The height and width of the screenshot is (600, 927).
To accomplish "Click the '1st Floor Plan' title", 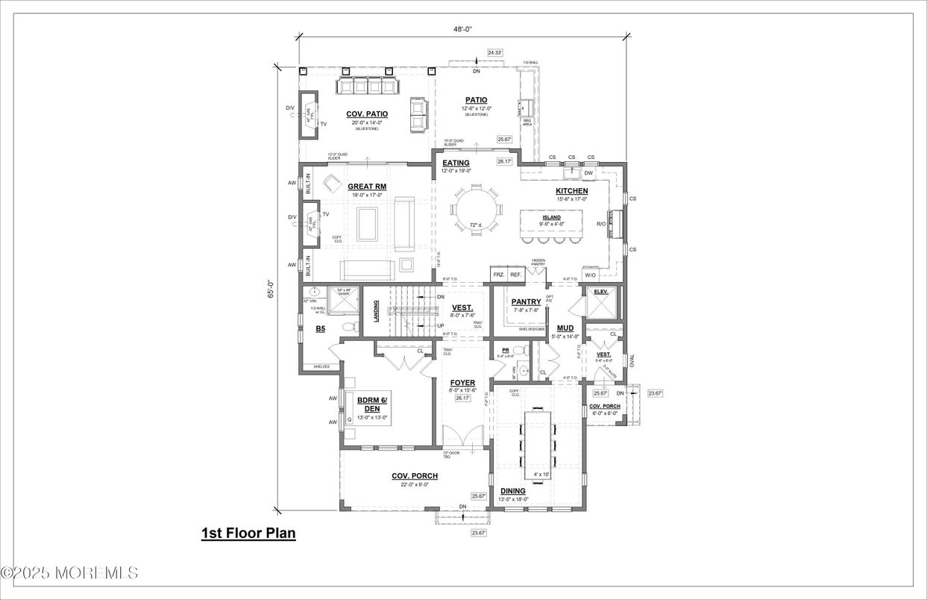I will click(248, 534).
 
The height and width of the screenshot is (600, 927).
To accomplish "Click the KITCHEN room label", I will click(571, 191).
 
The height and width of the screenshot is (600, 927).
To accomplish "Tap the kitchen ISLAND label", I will click(552, 217).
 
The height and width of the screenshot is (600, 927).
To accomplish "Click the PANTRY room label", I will click(526, 301).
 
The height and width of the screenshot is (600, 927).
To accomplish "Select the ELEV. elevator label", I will click(601, 292).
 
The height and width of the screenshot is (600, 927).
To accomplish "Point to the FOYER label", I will click(462, 383).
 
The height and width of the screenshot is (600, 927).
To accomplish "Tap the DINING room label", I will click(512, 491).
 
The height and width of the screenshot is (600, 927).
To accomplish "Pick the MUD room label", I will click(565, 328).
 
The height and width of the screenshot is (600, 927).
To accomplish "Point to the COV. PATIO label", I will click(366, 114).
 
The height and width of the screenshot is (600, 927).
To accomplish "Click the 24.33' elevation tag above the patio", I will click(495, 52).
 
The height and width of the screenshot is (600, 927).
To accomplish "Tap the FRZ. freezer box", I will click(498, 275).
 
